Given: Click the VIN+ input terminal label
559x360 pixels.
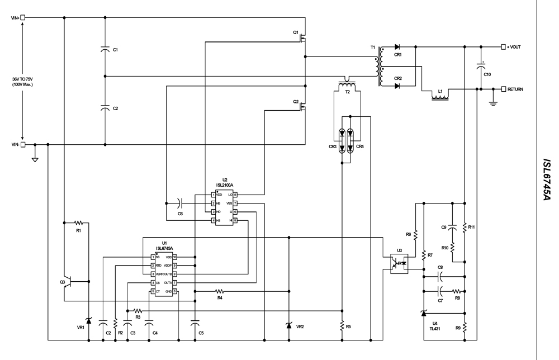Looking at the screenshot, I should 15,18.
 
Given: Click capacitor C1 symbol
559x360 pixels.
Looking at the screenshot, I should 105,50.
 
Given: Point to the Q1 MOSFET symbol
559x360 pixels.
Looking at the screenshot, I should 304,37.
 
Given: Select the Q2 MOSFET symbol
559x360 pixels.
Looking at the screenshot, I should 304,106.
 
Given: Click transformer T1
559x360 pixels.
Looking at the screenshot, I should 381,67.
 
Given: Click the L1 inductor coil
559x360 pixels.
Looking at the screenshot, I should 440,97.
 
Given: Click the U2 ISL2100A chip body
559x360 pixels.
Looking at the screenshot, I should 224,207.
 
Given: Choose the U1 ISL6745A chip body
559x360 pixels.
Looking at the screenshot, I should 164,274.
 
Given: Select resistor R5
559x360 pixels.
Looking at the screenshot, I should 342,325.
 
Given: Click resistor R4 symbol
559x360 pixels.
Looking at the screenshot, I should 220,291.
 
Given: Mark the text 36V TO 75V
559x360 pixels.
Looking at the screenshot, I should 24,79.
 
